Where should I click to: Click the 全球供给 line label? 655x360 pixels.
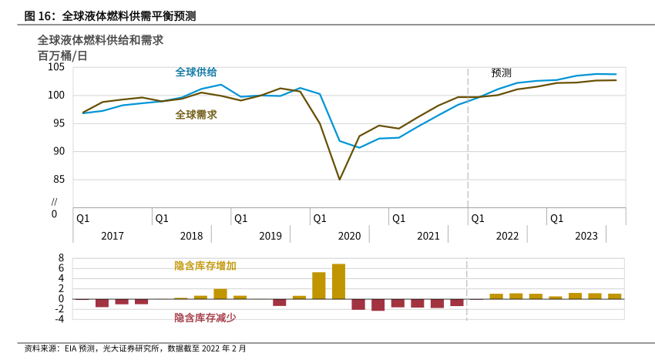click(196, 72)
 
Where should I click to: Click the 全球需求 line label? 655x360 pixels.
click(196, 114)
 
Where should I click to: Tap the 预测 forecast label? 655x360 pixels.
click(501, 72)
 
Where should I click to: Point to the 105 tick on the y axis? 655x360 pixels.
click(56, 67)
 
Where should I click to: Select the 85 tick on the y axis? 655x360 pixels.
click(59, 180)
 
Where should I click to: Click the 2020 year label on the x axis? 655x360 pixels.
click(349, 236)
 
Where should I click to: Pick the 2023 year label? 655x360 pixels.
click(586, 236)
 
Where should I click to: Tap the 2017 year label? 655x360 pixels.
click(113, 236)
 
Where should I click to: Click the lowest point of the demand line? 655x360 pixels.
click(340, 180)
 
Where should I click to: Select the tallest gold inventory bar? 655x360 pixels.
click(338, 281)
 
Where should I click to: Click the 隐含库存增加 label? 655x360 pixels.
click(205, 265)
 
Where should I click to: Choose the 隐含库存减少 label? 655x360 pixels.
click(205, 317)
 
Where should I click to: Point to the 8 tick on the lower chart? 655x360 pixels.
click(62, 258)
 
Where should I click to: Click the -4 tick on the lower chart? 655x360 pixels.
click(59, 318)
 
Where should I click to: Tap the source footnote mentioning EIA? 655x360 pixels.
click(135, 348)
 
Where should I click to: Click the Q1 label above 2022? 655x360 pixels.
click(478, 218)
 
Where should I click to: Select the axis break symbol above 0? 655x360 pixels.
click(54, 201)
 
